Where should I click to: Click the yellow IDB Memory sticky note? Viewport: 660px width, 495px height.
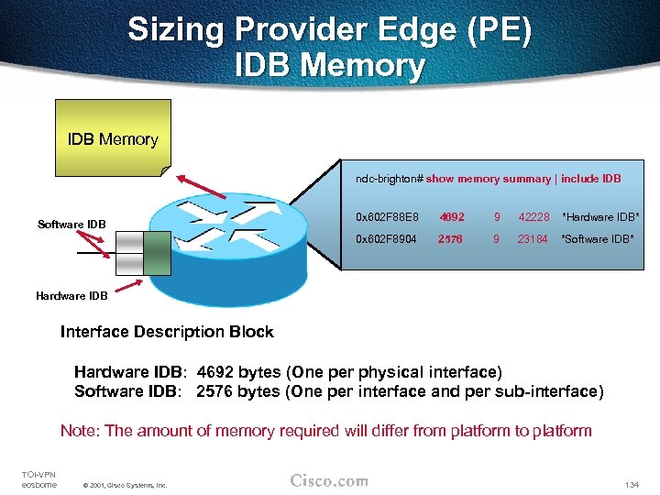(111, 140)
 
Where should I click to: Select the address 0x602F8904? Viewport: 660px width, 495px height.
(386, 239)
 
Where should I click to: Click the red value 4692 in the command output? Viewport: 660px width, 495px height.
(451, 217)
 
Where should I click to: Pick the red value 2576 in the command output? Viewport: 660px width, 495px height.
(451, 239)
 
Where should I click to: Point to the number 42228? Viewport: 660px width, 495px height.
(533, 217)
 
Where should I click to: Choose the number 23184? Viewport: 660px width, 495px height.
(533, 239)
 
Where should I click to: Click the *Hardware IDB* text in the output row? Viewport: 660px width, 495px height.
(600, 217)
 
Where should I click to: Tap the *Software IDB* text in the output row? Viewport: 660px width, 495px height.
(599, 239)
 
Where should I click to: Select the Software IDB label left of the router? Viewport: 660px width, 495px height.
(71, 225)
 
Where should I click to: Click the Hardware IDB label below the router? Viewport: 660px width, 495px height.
(71, 295)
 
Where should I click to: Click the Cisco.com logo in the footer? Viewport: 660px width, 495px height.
(329, 480)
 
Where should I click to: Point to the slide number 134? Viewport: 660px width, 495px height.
(630, 483)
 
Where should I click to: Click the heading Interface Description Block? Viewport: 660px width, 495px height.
(167, 331)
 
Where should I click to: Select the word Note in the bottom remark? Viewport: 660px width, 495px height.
(79, 430)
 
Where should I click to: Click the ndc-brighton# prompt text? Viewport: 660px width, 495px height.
(389, 179)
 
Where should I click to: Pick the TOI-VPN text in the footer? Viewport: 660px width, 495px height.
(38, 473)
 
